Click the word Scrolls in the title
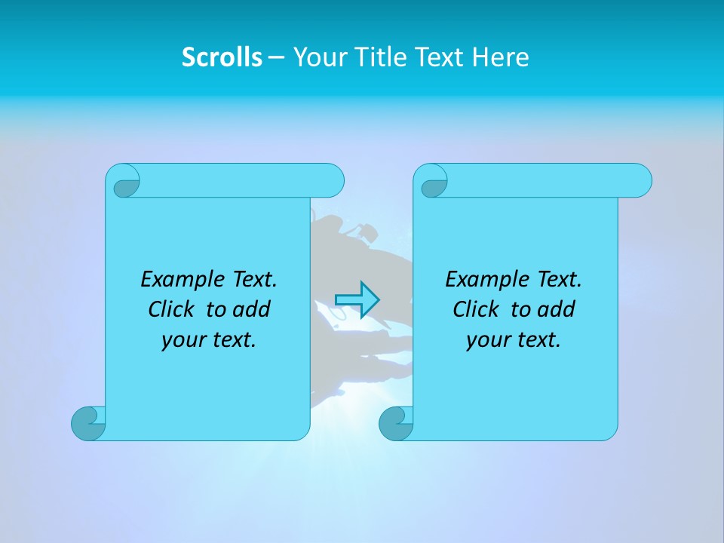coord(222,57)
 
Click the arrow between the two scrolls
coord(357,300)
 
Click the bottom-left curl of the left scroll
coord(88,423)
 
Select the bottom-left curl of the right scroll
coord(396,423)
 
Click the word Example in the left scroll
coord(179,280)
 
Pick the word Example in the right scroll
coord(483,280)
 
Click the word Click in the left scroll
coord(172,309)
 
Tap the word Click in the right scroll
coord(477,309)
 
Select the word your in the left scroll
coord(181,341)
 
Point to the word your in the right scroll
coord(486,341)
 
